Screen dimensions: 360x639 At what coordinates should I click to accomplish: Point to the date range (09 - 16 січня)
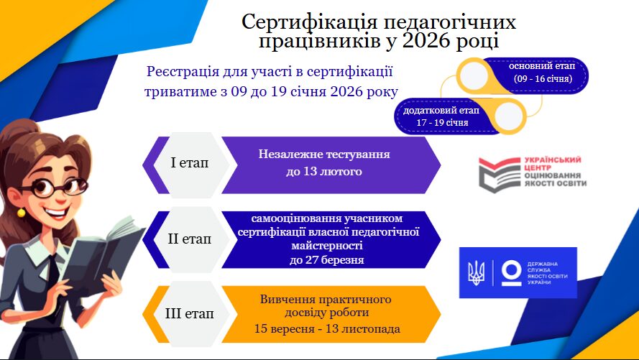(x=543, y=78)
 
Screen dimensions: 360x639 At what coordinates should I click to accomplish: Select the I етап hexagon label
(x=189, y=163)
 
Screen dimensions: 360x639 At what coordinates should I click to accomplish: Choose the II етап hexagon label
(x=189, y=239)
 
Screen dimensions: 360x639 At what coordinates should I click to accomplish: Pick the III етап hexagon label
(x=189, y=313)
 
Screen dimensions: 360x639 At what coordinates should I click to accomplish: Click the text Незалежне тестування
(x=324, y=154)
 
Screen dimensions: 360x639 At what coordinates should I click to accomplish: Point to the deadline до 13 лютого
(x=324, y=172)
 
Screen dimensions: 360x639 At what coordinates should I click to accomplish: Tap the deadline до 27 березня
(x=327, y=260)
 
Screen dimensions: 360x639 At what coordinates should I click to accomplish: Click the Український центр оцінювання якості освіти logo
(x=532, y=173)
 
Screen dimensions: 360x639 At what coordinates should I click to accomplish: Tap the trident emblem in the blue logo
(x=476, y=272)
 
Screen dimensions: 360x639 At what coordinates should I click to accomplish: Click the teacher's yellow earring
(x=21, y=213)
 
